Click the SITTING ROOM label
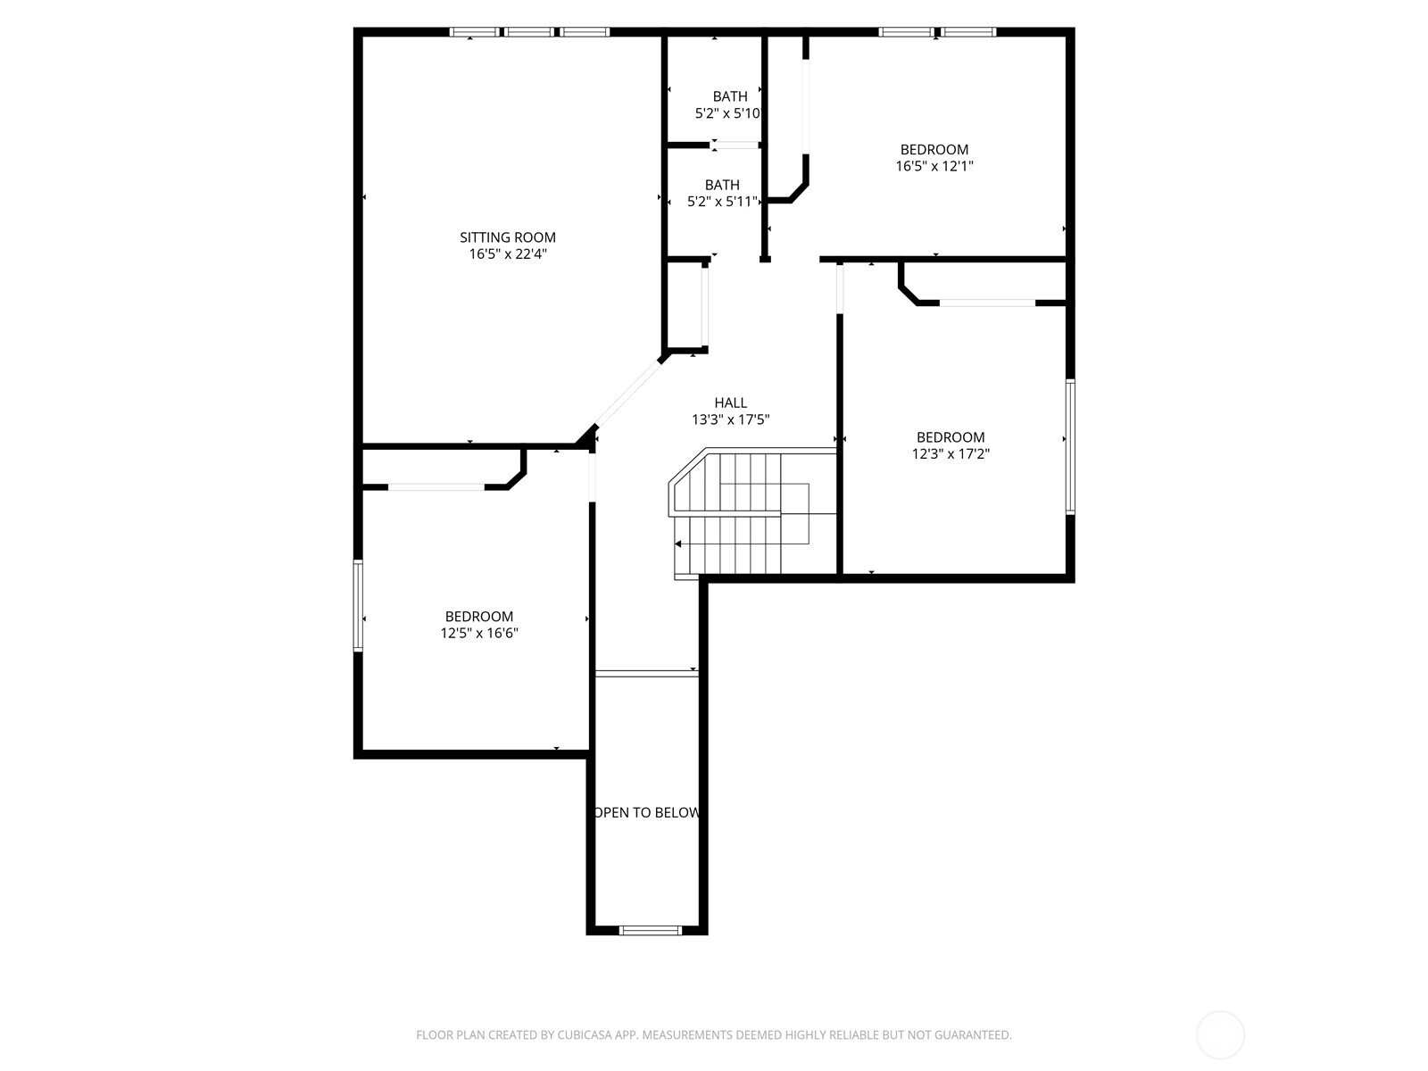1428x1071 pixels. click(508, 237)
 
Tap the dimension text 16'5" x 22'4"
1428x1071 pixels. click(508, 254)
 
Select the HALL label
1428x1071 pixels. click(730, 403)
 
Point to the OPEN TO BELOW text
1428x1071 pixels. click(647, 813)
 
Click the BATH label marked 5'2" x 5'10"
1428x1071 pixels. click(730, 96)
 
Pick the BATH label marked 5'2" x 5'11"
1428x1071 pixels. click(722, 186)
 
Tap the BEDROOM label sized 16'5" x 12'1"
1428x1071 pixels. click(934, 150)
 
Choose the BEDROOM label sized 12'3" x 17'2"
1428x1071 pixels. click(951, 437)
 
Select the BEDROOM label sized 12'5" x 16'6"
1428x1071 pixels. click(479, 617)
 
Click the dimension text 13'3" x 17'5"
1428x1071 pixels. click(730, 419)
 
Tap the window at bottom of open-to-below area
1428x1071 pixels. click(651, 931)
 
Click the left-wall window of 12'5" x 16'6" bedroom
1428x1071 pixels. click(358, 605)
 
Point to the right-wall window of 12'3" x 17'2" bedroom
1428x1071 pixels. click(1070, 446)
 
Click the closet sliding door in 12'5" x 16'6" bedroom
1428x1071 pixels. click(436, 487)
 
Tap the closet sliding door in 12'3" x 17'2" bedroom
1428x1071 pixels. click(987, 303)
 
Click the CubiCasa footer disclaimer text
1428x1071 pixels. click(713, 1035)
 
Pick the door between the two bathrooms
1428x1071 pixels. click(735, 145)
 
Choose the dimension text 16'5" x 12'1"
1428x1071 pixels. click(934, 166)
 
